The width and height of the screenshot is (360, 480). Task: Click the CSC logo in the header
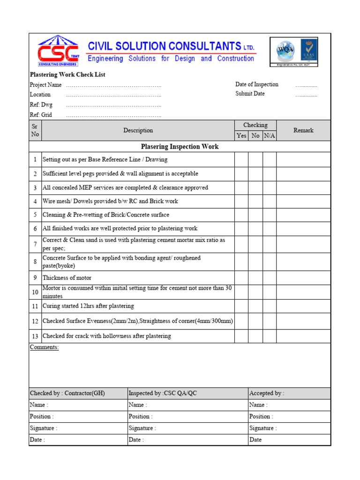point(58,51)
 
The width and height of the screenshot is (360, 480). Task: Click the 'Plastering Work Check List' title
point(67,75)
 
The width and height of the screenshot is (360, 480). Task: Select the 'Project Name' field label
point(45,85)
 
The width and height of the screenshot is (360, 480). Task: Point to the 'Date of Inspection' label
point(256,84)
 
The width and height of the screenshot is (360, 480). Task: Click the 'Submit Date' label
point(250,94)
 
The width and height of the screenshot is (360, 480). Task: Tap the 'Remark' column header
point(303,130)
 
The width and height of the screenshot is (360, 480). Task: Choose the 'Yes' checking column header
point(241,135)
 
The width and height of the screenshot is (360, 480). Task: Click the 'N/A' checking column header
point(269,135)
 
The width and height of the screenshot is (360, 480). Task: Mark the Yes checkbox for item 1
point(241,159)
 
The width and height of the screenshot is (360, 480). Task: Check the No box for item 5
point(255,215)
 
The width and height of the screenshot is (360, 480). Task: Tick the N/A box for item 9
point(270,277)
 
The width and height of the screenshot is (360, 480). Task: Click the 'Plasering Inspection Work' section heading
point(180,147)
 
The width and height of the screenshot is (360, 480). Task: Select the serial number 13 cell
point(35,336)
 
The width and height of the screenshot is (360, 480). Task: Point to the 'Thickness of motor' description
point(67,278)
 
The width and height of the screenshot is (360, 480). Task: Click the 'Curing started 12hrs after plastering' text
point(88,306)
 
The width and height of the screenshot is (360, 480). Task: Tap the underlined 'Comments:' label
point(44,347)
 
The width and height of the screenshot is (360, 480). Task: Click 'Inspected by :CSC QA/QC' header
point(163,393)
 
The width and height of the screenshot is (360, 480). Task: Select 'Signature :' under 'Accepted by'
point(262,428)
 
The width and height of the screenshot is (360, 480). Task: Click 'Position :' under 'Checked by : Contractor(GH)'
point(42,416)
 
